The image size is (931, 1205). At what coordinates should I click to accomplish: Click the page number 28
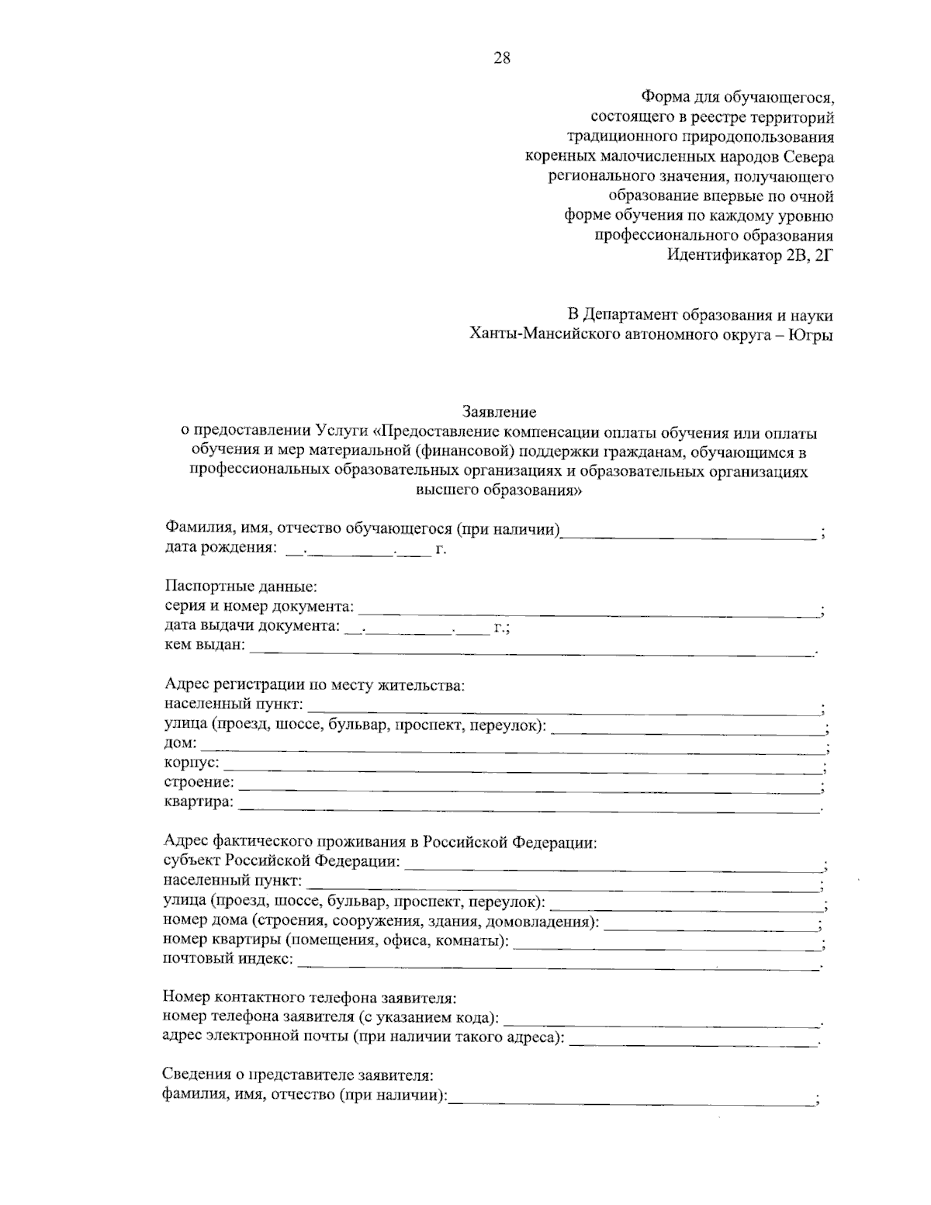(501, 58)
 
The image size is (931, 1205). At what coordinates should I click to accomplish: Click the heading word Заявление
(500, 411)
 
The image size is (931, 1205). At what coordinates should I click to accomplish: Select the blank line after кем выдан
(531, 649)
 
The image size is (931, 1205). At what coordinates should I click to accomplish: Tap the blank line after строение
(529, 788)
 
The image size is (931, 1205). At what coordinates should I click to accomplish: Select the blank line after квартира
(529, 807)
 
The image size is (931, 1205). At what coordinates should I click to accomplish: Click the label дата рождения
(220, 549)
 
